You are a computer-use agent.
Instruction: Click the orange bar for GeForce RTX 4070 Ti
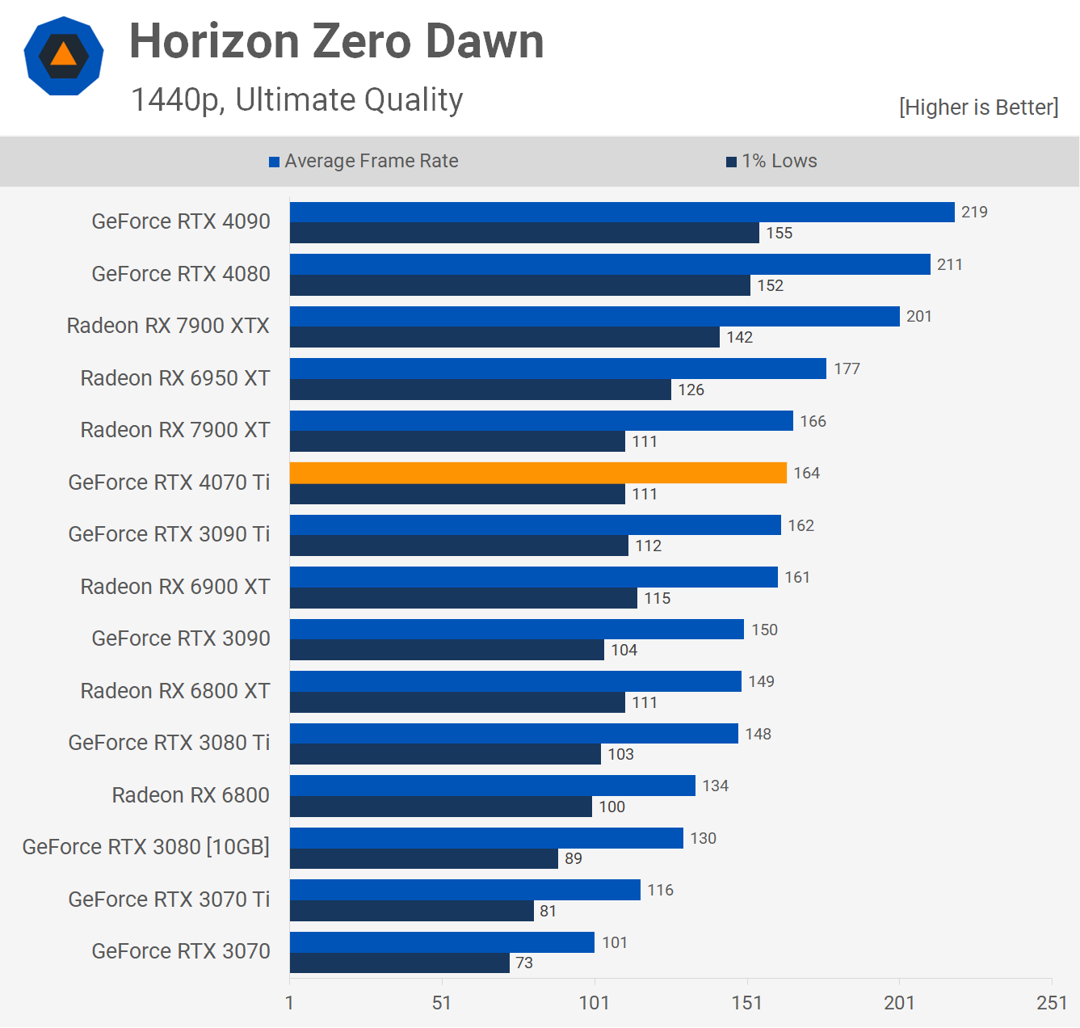click(x=538, y=473)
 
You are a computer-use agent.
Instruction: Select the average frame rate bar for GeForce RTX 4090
click(x=622, y=213)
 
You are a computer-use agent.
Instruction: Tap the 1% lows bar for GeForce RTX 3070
click(x=399, y=963)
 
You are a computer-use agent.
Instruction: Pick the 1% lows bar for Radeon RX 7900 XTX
click(x=504, y=337)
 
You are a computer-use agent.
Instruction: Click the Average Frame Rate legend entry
click(x=364, y=161)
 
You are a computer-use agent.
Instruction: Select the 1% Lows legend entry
click(x=771, y=161)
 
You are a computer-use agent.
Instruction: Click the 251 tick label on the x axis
click(x=1052, y=1003)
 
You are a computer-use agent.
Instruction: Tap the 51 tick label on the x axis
click(x=442, y=1003)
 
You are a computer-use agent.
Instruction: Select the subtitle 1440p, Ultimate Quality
click(x=296, y=99)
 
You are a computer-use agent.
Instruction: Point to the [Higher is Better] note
click(x=978, y=107)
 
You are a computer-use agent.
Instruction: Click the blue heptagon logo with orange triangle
click(x=64, y=56)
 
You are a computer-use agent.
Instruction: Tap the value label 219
click(x=974, y=212)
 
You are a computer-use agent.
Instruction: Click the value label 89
click(x=573, y=858)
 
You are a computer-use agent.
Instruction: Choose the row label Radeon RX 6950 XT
click(x=175, y=378)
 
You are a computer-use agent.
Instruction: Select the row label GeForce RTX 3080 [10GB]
click(x=146, y=847)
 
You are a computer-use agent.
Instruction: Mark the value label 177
click(x=847, y=369)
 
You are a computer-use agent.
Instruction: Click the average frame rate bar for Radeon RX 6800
click(x=493, y=786)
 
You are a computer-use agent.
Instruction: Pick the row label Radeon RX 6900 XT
click(x=175, y=587)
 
